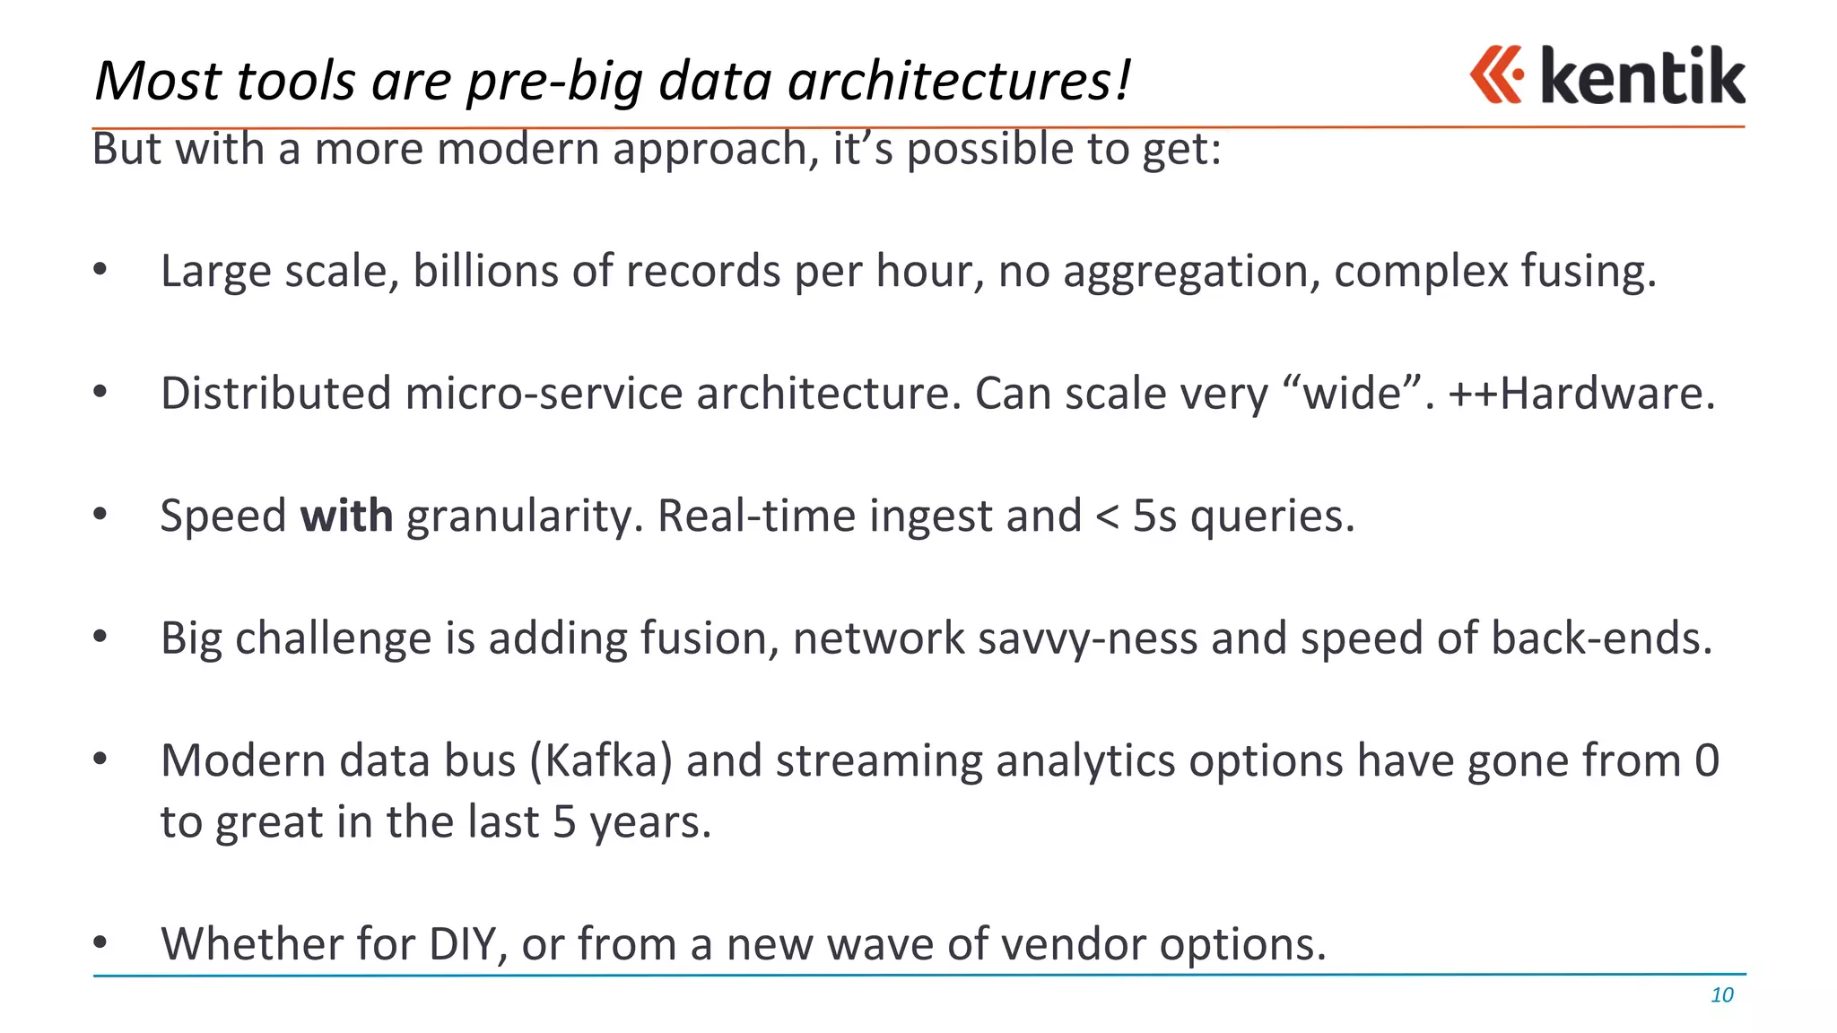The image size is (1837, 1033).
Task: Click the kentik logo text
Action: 1642,76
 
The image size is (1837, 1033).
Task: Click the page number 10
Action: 1721,994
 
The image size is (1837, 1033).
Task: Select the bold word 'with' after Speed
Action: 346,516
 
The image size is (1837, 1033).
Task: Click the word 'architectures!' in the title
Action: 959,81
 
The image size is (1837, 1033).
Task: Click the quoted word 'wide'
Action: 1352,394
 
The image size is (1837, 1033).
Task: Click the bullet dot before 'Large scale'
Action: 100,268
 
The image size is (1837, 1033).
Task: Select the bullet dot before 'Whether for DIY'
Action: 100,942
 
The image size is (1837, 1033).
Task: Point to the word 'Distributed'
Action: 276,394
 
